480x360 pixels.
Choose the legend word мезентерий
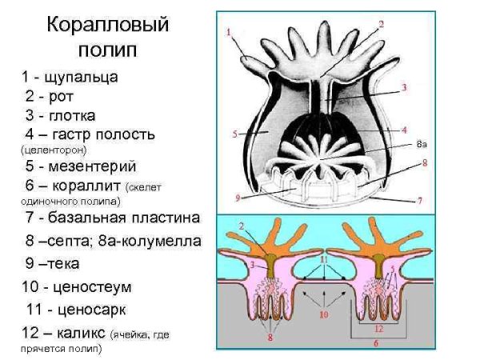[90, 166]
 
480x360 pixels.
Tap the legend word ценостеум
[92, 286]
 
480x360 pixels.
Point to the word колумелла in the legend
[162, 239]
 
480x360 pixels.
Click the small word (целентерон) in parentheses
[52, 150]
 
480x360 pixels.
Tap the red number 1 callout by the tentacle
[229, 33]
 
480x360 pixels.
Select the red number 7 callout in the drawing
[420, 200]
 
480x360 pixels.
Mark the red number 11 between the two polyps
[324, 260]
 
